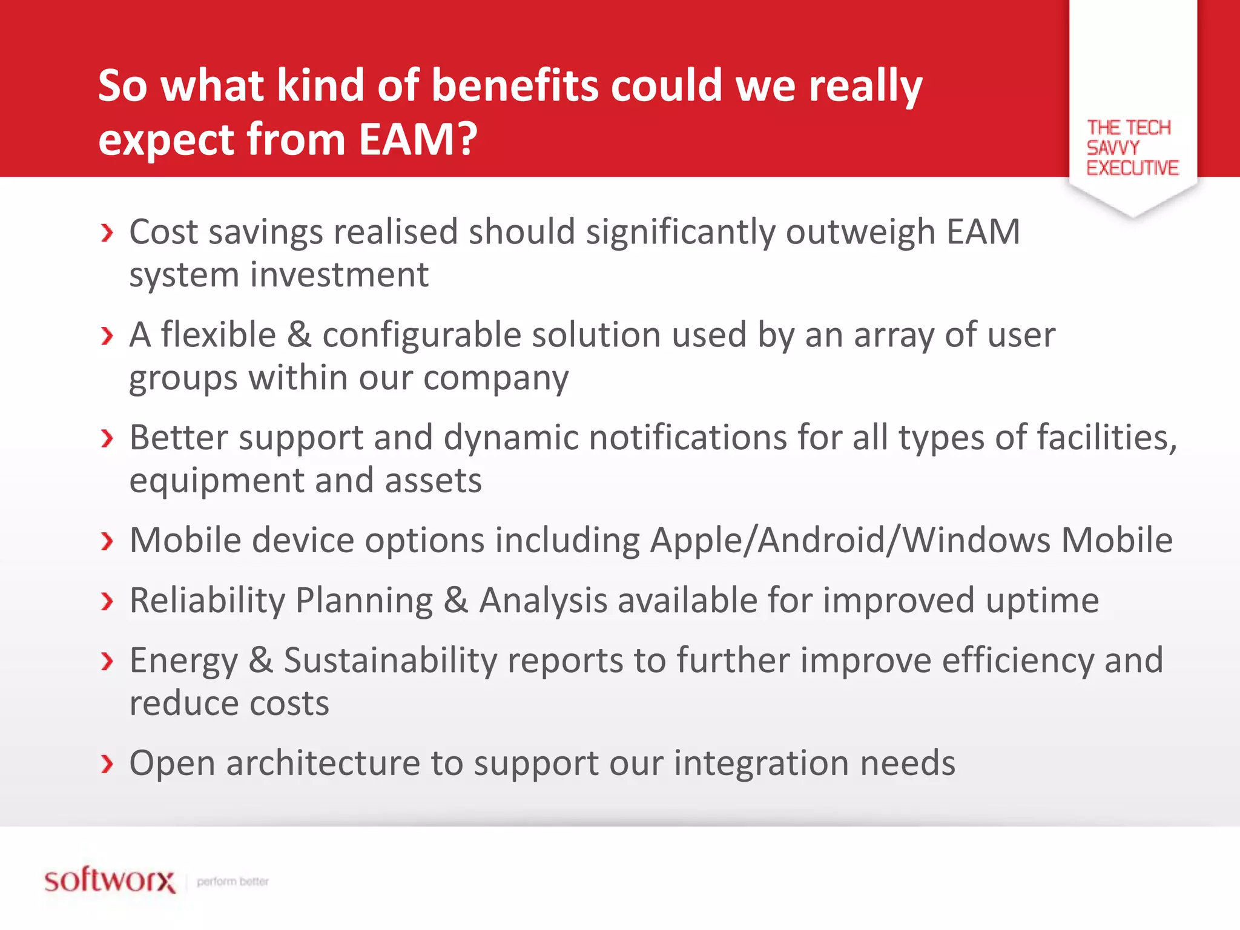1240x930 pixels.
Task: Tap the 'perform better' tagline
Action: [232, 882]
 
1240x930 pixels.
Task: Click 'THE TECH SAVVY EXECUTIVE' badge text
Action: [1131, 148]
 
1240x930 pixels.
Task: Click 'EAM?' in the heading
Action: [418, 139]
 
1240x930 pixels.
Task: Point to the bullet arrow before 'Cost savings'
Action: [107, 232]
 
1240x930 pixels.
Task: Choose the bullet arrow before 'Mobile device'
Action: [107, 541]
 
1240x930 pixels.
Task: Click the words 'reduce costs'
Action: [229, 704]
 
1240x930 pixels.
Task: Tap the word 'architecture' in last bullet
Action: [323, 763]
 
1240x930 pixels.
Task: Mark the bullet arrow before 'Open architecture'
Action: [107, 764]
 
